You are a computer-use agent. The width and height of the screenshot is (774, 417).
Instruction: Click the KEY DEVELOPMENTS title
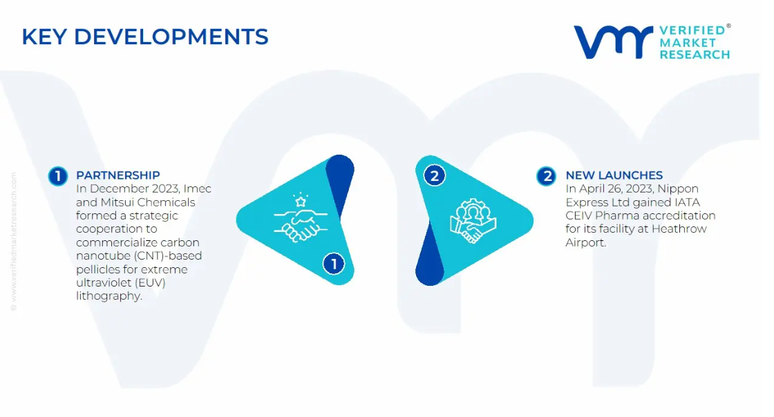click(x=145, y=37)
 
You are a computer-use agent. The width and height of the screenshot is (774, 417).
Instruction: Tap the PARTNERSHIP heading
click(x=118, y=175)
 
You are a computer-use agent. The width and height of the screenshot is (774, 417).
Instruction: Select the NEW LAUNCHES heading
click(x=614, y=175)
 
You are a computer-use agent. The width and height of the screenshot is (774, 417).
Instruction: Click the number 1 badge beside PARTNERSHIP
click(x=58, y=176)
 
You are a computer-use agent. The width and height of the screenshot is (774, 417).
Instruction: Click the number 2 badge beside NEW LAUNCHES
click(x=547, y=176)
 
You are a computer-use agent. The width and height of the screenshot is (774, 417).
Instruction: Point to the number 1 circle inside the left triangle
click(x=334, y=264)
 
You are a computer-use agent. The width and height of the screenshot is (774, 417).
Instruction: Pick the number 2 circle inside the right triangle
click(x=435, y=176)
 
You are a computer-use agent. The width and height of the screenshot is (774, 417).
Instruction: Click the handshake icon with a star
click(x=301, y=217)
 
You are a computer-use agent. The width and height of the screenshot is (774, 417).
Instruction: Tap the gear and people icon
click(x=473, y=220)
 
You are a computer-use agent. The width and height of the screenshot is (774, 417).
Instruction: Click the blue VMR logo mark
click(x=613, y=42)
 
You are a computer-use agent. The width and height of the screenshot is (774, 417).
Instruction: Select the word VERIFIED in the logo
click(x=692, y=30)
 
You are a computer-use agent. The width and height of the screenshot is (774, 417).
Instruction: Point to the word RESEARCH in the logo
click(x=695, y=55)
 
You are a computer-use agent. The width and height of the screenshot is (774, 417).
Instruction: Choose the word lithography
click(x=109, y=296)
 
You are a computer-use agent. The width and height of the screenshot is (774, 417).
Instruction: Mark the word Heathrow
click(x=679, y=229)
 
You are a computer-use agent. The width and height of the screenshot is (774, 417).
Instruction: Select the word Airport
click(x=585, y=242)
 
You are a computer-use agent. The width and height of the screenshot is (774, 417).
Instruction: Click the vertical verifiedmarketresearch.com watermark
click(x=13, y=242)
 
